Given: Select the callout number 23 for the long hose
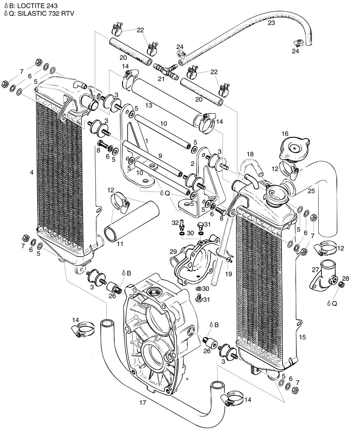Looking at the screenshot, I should [271, 23].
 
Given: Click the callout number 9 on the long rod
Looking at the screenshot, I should [160, 156].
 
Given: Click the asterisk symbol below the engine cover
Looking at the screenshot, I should [188, 379].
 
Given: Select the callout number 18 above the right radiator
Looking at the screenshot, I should [250, 154].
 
